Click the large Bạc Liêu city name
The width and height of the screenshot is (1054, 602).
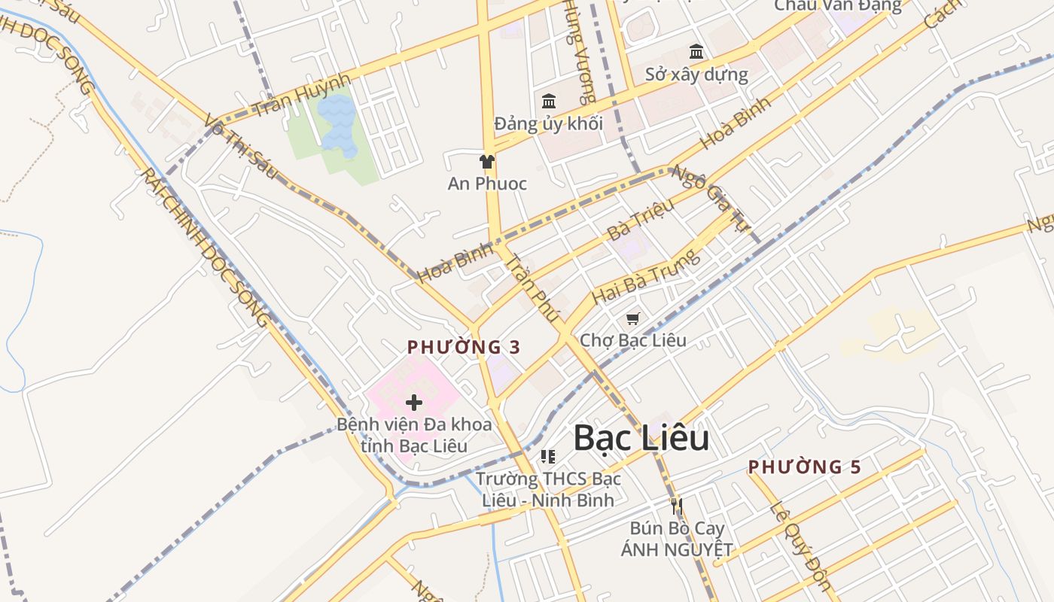pos(641,438)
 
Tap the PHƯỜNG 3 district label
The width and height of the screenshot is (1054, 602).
pos(464,347)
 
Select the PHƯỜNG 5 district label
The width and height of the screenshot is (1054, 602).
pos(804,467)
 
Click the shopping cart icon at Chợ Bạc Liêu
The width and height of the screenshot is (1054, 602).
pos(633,319)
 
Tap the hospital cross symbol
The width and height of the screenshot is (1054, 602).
pos(413,403)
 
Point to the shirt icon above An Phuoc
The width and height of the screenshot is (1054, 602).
pos(487,161)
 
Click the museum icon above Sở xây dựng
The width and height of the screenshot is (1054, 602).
pos(696,52)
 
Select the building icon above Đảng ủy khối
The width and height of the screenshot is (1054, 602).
pos(549,102)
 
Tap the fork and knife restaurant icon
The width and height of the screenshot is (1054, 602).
pos(676,505)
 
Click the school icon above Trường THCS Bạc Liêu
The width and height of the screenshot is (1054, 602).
pos(548,457)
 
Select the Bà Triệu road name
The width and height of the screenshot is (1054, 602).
pos(641,218)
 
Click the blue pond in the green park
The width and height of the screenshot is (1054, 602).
pos(337,124)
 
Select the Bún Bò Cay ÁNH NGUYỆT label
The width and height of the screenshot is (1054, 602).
pos(676,539)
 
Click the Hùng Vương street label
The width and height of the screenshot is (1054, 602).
pos(580,53)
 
